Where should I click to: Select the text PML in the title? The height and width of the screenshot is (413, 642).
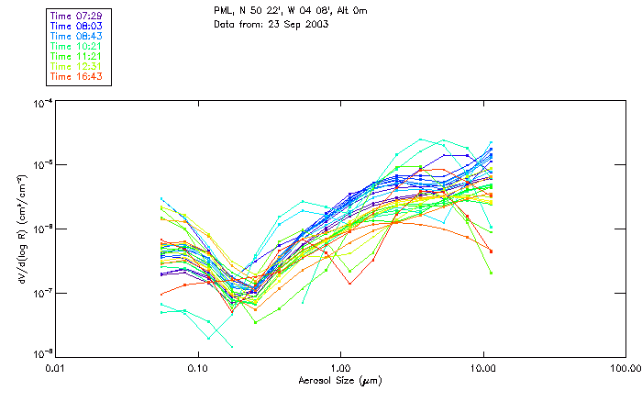point(223,12)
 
